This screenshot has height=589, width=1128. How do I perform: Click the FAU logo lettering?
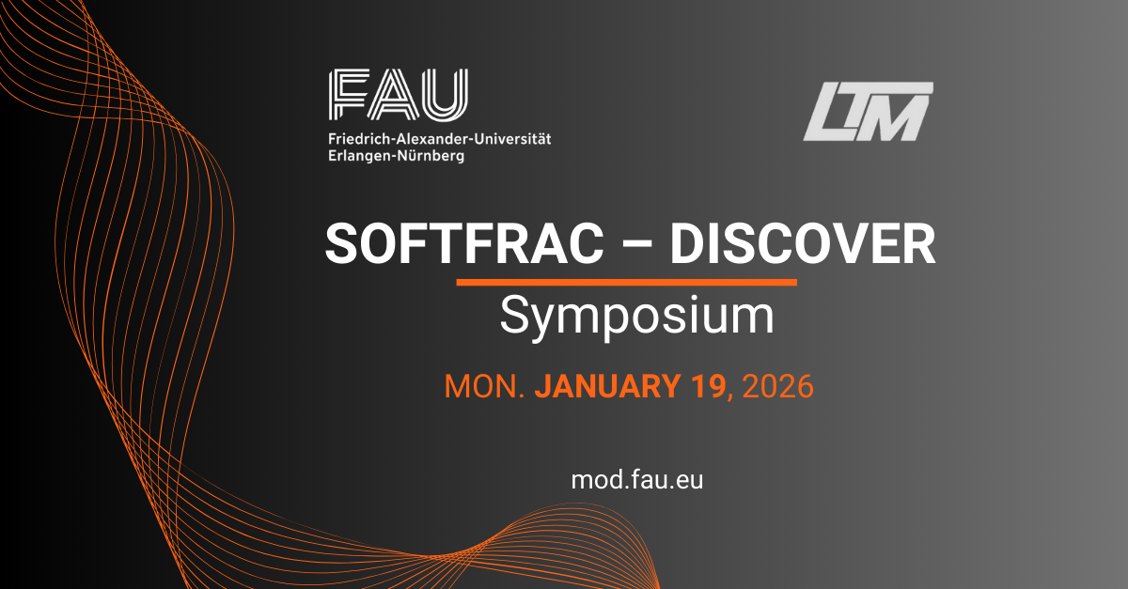point(399,95)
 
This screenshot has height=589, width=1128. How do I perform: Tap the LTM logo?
point(868,111)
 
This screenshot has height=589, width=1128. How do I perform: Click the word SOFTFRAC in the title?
point(464,243)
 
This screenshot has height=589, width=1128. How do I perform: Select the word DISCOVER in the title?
point(802,243)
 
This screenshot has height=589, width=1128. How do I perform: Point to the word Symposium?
point(637,317)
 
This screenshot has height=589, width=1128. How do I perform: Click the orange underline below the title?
point(626,283)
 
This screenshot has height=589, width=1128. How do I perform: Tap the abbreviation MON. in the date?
point(484,386)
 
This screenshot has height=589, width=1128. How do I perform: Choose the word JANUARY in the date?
point(608,386)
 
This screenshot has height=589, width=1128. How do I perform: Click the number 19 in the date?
point(709,386)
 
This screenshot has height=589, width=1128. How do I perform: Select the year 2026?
point(778,386)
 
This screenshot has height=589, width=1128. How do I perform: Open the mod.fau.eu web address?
point(637,480)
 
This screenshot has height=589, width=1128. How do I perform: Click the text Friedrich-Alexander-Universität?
point(440,138)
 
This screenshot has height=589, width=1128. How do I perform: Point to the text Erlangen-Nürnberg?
point(397,156)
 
